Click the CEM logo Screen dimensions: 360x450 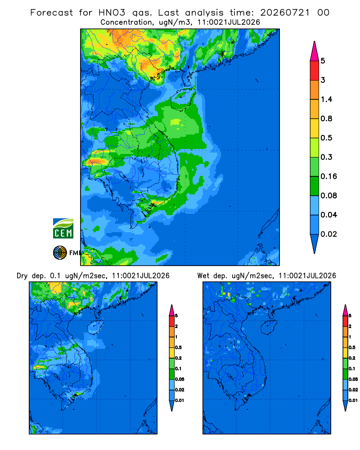[x=63, y=229]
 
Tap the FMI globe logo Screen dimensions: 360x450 [x=60, y=253]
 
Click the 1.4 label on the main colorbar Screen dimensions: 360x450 [x=326, y=99]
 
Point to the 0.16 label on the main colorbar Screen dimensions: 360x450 [x=328, y=176]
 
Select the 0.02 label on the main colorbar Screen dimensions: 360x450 [x=328, y=234]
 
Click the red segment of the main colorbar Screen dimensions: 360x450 [x=315, y=70]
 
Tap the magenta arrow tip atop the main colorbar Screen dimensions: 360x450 [x=315, y=51]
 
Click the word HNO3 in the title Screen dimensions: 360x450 [x=112, y=13]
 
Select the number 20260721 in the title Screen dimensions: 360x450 [x=285, y=13]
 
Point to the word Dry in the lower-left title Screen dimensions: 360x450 [x=22, y=276]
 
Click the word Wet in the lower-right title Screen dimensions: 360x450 [x=203, y=276]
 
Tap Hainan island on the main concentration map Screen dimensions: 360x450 [x=183, y=99]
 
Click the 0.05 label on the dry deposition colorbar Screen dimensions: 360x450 [x=180, y=379]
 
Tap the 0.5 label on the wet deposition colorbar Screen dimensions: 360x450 [x=351, y=347]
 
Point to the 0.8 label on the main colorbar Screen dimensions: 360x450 [x=326, y=118]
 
